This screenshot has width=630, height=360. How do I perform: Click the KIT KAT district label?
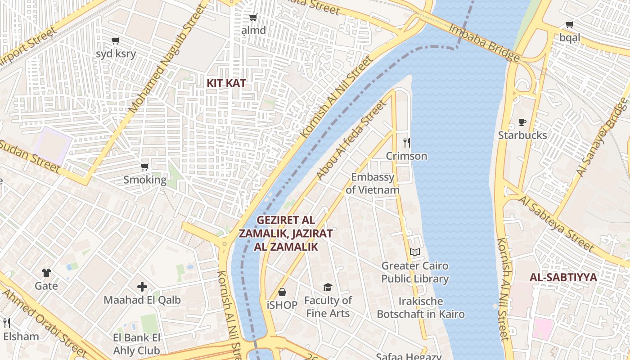226,83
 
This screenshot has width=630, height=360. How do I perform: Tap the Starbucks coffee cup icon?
522,122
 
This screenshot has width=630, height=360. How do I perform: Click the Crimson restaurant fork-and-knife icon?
407,143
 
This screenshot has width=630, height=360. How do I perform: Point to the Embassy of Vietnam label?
373,184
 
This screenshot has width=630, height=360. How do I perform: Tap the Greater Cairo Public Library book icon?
415,252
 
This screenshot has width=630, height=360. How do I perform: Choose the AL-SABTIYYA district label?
563,277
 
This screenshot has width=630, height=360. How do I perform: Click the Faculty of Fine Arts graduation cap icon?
328,287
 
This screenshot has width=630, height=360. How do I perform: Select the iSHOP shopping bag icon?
282,292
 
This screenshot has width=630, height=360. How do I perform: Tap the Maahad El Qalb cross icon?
142,287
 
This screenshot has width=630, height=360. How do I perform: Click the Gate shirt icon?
46,272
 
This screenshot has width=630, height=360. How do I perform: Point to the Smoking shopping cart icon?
145,167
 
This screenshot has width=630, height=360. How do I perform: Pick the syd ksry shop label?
116,54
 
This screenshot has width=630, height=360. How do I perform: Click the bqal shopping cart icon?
570,25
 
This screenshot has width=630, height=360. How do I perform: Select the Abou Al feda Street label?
351,140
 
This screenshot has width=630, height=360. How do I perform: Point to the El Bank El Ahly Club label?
136,344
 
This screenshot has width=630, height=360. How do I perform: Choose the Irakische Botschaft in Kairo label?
421,308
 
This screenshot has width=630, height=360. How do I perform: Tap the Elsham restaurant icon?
7,323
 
